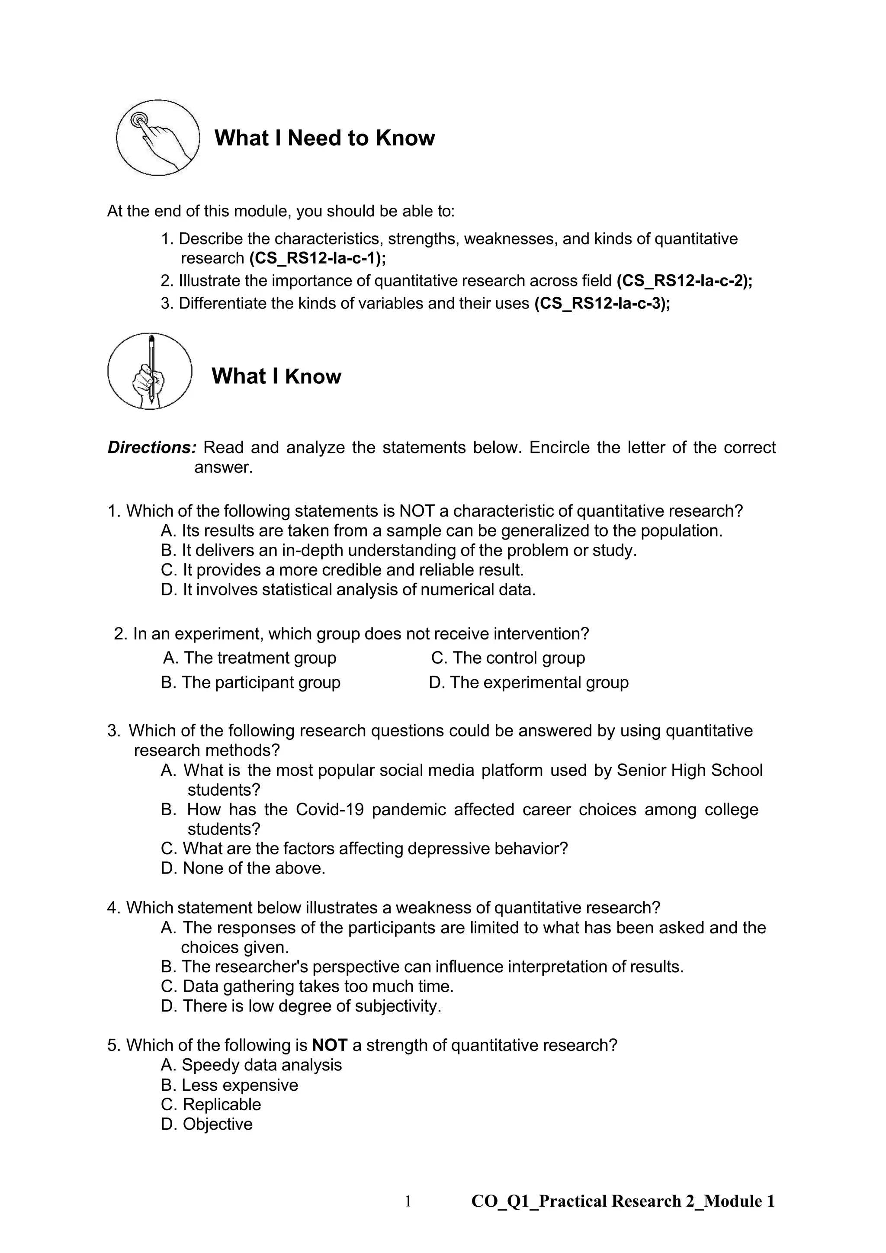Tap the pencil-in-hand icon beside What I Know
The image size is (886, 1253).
tap(150, 371)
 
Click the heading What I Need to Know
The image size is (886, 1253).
tap(324, 138)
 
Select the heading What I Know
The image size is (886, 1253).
tap(276, 376)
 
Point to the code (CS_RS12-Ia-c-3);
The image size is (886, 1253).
tap(602, 303)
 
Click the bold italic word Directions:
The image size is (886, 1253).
tap(152, 447)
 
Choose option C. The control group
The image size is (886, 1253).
tap(507, 658)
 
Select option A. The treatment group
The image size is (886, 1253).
tap(250, 658)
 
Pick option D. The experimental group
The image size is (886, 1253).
tap(528, 682)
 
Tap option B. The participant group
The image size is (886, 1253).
tap(251, 682)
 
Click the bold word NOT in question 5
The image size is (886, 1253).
tap(330, 1045)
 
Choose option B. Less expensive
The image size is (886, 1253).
tap(230, 1085)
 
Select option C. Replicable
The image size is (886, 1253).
tap(211, 1105)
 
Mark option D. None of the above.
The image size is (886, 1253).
tap(243, 868)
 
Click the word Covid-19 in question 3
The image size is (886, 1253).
tap(330, 810)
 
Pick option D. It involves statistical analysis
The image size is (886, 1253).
tap(348, 590)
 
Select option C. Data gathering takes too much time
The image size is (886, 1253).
tap(307, 986)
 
